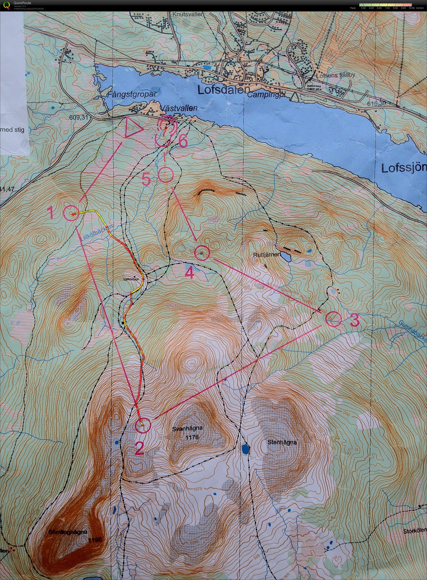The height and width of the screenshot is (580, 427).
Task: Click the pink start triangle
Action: pyautogui.click(x=132, y=128)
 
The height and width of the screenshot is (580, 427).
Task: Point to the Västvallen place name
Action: pyautogui.click(x=178, y=109)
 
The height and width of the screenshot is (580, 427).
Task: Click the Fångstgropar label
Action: pyautogui.click(x=131, y=94)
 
